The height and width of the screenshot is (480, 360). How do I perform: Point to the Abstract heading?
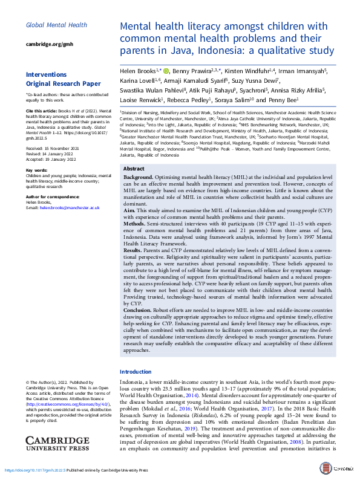tap(134, 152)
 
